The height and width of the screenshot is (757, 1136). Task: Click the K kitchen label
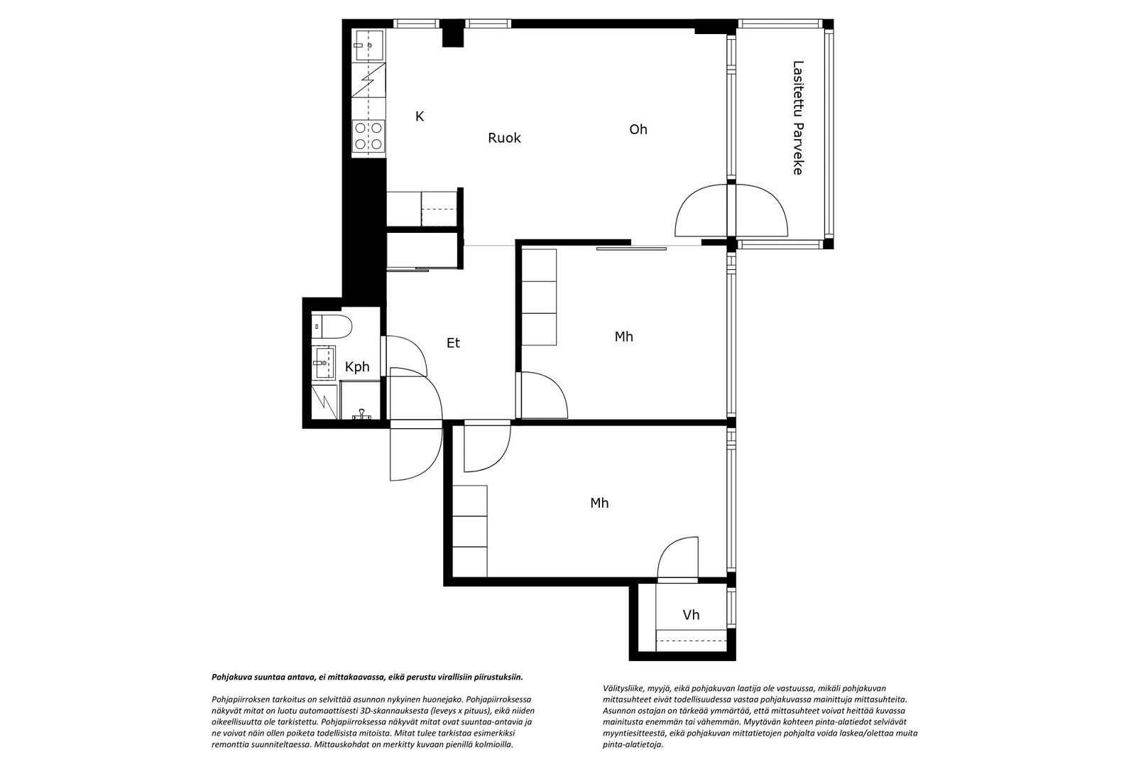click(420, 116)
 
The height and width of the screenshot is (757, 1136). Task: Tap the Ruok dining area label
click(504, 138)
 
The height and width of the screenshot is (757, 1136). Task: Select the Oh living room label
click(638, 129)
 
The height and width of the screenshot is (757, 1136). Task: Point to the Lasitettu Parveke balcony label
click(798, 118)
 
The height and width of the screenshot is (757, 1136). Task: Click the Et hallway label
click(453, 343)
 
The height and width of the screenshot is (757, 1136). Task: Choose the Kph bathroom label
click(357, 367)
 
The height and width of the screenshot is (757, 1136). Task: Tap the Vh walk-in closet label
click(691, 615)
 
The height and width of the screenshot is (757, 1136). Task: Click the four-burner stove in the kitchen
click(368, 136)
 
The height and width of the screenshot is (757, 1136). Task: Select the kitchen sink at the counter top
click(368, 45)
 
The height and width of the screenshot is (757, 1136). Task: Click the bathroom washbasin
click(323, 362)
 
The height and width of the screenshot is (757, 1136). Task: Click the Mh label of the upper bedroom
click(624, 337)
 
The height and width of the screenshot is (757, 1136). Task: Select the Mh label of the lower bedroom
click(599, 503)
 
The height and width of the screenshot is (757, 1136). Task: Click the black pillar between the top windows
click(453, 33)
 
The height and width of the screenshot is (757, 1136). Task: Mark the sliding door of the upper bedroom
click(631, 249)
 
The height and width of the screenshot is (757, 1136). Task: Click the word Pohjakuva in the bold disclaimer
click(230, 677)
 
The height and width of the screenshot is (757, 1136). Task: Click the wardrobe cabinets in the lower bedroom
click(469, 531)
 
